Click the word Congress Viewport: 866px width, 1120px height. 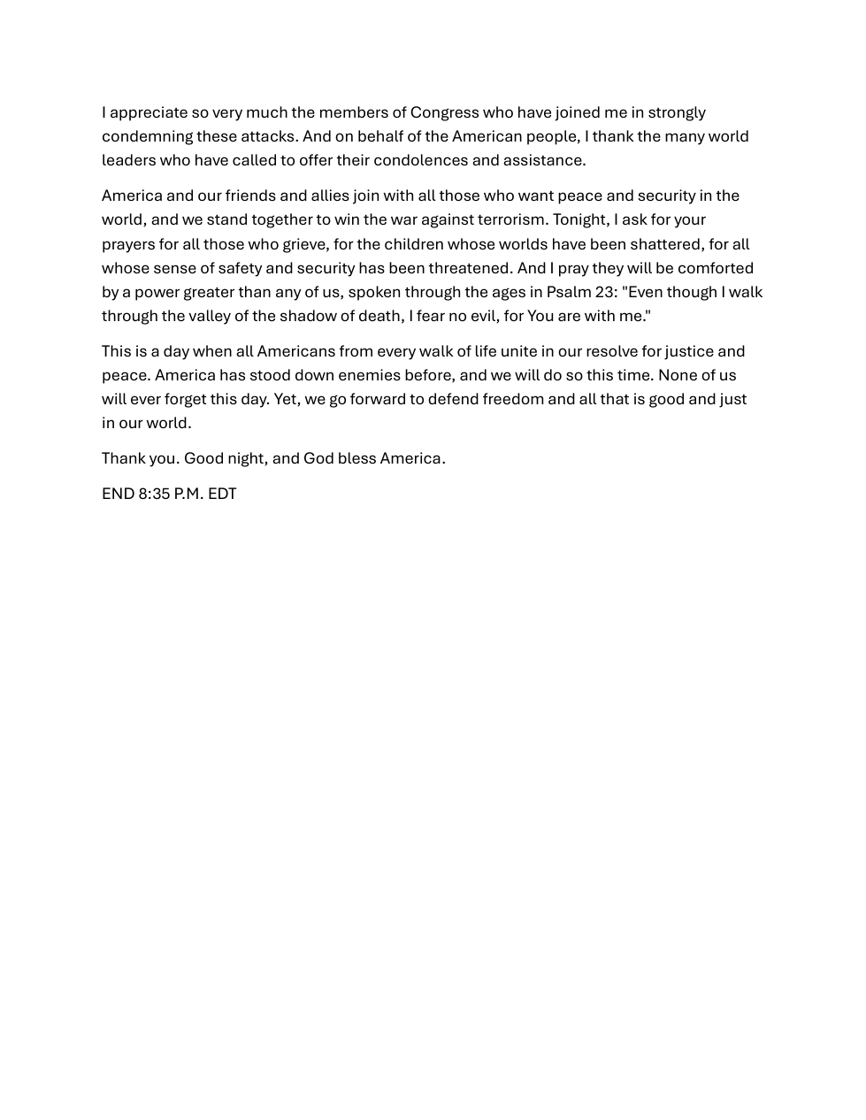[x=444, y=112]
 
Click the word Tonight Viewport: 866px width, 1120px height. [x=579, y=219]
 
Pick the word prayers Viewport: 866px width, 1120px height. [x=128, y=244]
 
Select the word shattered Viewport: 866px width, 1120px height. [x=665, y=244]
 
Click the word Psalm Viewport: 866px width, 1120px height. [x=568, y=292]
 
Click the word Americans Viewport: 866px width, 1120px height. [x=295, y=351]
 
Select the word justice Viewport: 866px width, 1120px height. [x=688, y=351]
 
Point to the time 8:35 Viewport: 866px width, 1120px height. [x=154, y=494]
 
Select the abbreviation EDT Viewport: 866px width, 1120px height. [x=222, y=494]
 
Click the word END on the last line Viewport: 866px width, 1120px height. [x=118, y=494]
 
